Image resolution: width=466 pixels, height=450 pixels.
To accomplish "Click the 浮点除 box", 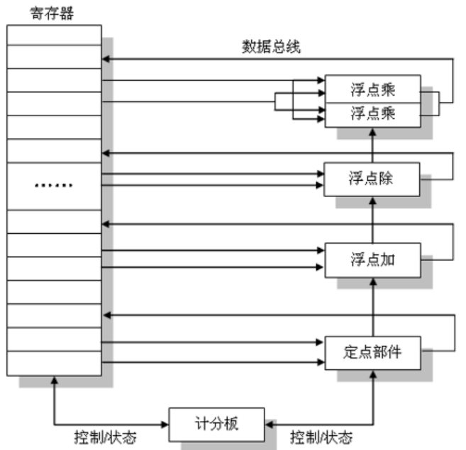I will [x=372, y=179].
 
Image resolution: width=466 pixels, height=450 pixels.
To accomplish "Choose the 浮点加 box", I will [x=372, y=259].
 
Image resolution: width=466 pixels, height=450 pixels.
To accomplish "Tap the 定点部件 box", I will [x=372, y=350].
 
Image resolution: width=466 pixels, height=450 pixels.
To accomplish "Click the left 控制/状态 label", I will [x=105, y=437].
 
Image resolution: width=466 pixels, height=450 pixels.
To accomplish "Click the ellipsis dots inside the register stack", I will [x=55, y=186].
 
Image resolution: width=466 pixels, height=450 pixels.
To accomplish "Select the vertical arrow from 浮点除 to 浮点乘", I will [x=372, y=145].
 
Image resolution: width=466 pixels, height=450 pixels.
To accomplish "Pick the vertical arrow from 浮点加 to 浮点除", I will [x=372, y=219].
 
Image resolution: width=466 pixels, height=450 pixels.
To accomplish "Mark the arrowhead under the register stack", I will [x=55, y=383].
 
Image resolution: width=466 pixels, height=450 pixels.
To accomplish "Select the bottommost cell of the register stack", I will [x=55, y=364].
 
